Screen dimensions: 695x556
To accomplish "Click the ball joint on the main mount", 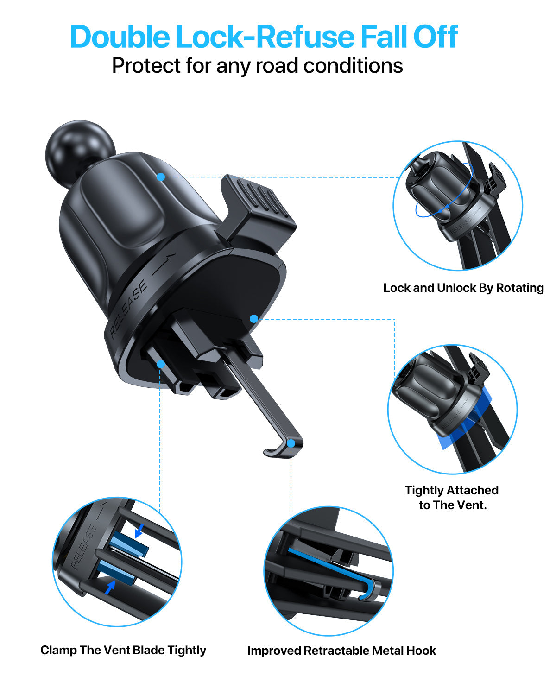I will [80, 151].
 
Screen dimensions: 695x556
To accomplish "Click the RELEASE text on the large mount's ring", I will [129, 308].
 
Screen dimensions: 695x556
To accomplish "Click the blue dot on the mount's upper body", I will [161, 177].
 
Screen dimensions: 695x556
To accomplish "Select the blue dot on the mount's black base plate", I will [253, 319].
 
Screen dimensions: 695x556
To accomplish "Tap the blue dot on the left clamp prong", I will [161, 364].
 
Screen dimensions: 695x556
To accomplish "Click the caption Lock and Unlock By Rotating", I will [463, 288].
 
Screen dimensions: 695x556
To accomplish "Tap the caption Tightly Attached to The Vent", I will [452, 498].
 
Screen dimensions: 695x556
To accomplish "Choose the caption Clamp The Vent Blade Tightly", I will [123, 650].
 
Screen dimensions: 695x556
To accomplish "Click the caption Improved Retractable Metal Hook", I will [341, 651].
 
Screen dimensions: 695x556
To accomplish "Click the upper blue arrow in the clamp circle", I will [139, 532].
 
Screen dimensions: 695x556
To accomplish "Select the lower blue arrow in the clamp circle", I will [110, 588].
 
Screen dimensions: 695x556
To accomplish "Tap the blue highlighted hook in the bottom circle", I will [334, 570].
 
